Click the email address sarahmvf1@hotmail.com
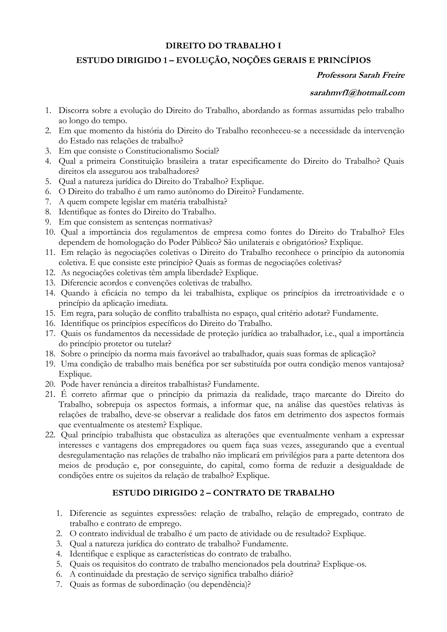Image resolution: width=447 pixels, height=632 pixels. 357,93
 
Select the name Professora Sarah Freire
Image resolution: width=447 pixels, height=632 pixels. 360,75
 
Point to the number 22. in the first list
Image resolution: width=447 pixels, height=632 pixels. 50,435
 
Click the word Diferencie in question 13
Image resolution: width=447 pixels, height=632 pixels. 78,283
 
